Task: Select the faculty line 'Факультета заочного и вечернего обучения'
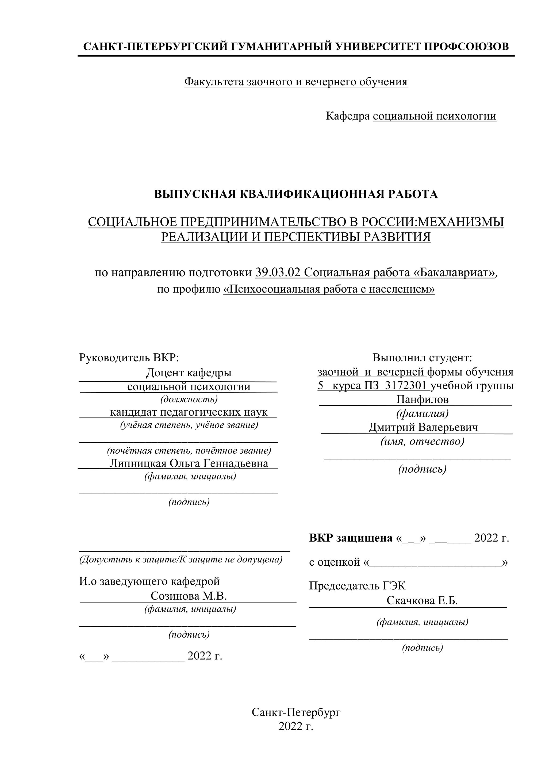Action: [295, 82]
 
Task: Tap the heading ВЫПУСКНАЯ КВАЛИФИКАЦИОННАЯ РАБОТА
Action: [295, 194]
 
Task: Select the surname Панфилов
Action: [422, 399]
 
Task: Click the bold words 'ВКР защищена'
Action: [351, 538]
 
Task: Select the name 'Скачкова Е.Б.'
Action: [422, 600]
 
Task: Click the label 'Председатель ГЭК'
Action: [357, 586]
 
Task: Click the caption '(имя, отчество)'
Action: [422, 441]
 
